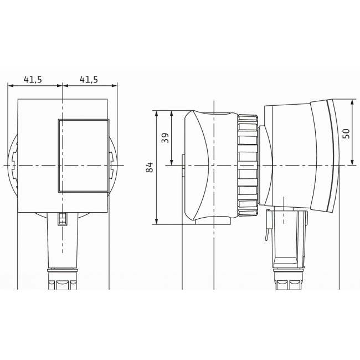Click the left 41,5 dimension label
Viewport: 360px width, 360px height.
click(x=32, y=79)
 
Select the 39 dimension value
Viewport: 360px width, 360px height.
click(x=165, y=138)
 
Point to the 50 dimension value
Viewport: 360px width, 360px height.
click(x=346, y=133)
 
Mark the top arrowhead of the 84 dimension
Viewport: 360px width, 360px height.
click(x=158, y=112)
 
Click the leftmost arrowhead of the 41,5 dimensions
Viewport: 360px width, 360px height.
click(x=10, y=85)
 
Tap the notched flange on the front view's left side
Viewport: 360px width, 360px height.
click(x=13, y=165)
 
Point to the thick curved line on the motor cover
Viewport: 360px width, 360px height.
click(x=333, y=155)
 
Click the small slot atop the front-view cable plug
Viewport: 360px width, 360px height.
click(x=63, y=219)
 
